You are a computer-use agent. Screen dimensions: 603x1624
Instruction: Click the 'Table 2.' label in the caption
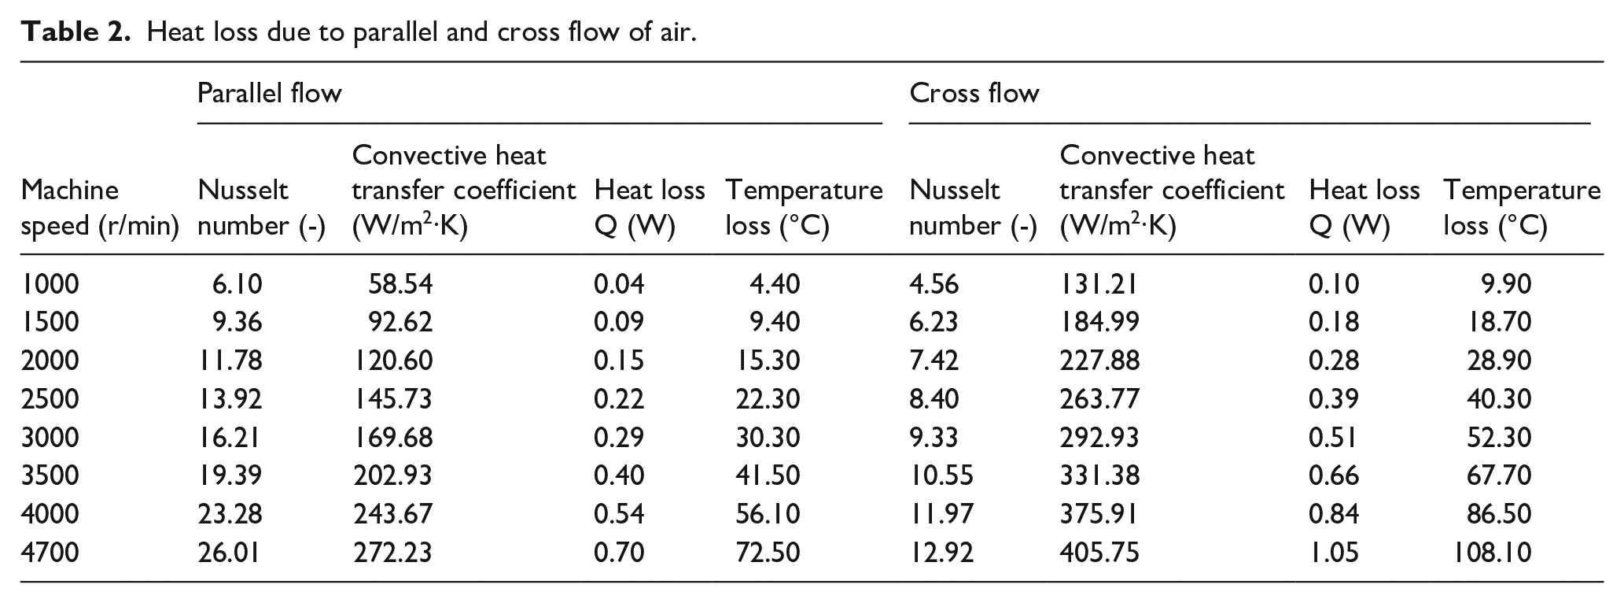point(75,32)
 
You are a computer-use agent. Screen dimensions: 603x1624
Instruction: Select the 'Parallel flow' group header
point(269,94)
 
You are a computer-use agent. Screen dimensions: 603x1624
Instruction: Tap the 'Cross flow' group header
point(974,94)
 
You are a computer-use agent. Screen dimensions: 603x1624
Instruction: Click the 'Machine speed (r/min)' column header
point(99,208)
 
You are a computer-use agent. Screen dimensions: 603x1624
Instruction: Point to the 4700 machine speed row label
point(50,552)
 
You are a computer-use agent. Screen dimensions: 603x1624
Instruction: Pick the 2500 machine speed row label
point(50,398)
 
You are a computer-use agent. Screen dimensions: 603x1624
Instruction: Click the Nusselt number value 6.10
point(237,283)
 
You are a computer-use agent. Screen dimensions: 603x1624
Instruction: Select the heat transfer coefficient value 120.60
point(392,360)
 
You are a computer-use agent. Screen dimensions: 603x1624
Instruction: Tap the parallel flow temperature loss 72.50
point(768,552)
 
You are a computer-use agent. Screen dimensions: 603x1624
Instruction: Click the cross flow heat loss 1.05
point(1333,552)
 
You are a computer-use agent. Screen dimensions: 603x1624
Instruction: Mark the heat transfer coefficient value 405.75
point(1099,552)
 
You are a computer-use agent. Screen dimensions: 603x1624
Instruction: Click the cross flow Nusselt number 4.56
point(934,283)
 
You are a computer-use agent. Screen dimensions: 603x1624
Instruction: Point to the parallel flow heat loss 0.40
point(618,475)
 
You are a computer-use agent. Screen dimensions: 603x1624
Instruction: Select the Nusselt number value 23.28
point(229,513)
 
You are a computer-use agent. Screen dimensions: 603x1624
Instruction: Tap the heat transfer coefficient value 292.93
point(1099,437)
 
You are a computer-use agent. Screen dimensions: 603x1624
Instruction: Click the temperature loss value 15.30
point(768,360)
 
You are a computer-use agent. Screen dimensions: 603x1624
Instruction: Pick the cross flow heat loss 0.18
point(1333,321)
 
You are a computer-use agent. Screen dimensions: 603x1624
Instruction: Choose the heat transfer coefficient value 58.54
point(400,283)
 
